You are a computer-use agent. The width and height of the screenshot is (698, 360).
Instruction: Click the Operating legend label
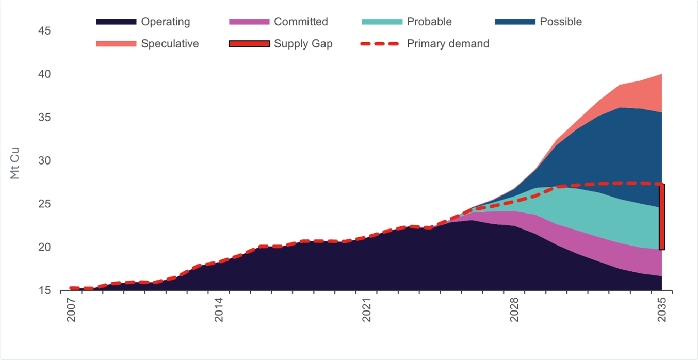coord(166,22)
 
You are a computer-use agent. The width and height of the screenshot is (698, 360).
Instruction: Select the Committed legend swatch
coord(249,22)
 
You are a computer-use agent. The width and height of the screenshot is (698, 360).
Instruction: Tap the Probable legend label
coord(429,22)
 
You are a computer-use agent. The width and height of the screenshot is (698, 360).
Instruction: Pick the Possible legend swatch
coord(515,22)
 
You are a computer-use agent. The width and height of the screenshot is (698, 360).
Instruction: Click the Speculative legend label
coord(170,44)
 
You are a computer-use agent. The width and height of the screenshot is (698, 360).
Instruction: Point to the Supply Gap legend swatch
coord(249,44)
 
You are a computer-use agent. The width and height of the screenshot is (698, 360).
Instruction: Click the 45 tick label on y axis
coord(44,31)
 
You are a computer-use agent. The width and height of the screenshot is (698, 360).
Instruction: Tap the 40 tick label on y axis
coord(44,74)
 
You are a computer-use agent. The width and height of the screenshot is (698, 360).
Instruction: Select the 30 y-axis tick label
coord(44,161)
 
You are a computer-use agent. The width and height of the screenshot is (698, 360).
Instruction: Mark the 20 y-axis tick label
coord(44,248)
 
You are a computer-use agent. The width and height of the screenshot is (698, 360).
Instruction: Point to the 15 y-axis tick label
coord(44,291)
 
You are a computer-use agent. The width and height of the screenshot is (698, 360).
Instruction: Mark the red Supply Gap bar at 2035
coord(662,217)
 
